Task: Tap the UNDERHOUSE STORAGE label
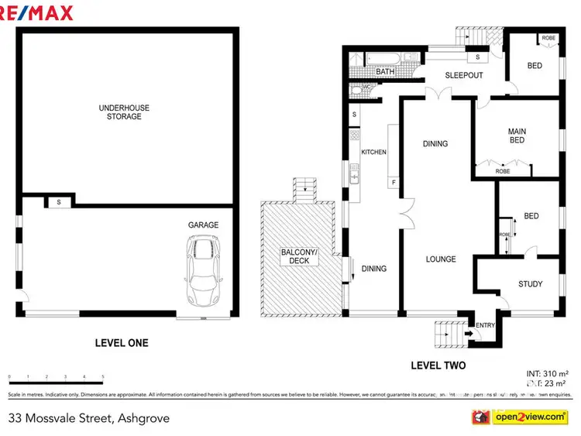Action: (119, 112)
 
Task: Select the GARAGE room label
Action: (203, 225)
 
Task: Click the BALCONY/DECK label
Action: (298, 256)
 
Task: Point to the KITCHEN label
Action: (373, 153)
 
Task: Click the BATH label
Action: (385, 72)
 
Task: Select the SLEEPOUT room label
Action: (463, 76)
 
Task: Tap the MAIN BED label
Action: (517, 136)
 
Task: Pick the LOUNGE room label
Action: (440, 259)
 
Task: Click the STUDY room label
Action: (530, 284)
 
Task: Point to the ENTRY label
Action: (485, 325)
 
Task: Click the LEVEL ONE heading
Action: (121, 343)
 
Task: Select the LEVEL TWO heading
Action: (438, 365)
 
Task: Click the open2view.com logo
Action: (529, 417)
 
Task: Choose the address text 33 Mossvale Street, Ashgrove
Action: (88, 418)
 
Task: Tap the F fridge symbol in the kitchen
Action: (394, 183)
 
